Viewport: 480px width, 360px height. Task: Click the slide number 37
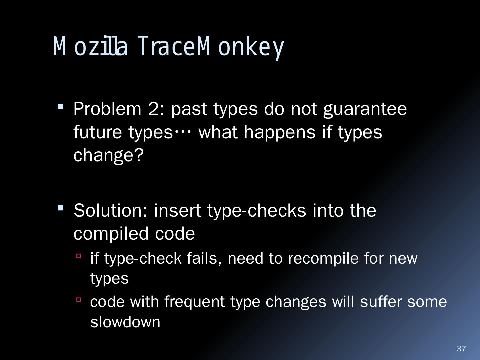coord(461,348)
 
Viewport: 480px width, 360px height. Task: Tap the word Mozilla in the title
coord(90,46)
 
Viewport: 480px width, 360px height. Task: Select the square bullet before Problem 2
coord(60,107)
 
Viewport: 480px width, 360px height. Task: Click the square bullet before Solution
coord(60,208)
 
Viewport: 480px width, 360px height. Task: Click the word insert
coord(178,211)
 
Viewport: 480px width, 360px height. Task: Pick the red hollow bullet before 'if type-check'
coord(79,256)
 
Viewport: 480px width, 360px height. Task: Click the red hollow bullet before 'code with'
coord(79,299)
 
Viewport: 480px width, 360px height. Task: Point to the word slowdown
coord(125,322)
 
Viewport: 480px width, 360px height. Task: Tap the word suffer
coord(381,302)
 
